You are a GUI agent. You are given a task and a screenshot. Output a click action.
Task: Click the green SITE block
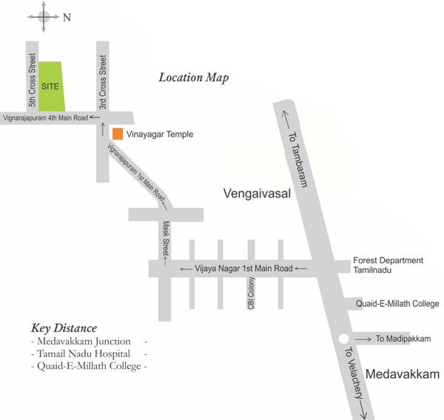click(x=51, y=87)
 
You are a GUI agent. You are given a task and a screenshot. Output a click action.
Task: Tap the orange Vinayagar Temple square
click(x=117, y=134)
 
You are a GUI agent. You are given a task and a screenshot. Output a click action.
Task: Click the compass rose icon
click(x=44, y=17)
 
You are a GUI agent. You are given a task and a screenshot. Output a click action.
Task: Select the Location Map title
click(x=194, y=77)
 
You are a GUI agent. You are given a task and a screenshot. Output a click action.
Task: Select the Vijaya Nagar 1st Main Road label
click(x=244, y=268)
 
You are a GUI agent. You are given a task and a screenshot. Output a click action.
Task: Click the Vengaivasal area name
click(x=255, y=194)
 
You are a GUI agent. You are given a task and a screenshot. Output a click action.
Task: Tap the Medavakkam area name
click(x=403, y=373)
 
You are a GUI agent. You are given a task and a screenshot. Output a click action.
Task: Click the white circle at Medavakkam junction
click(x=343, y=339)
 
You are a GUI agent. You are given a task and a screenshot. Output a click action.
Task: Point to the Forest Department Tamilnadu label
click(x=388, y=265)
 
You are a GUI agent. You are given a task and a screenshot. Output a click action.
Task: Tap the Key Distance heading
click(x=64, y=328)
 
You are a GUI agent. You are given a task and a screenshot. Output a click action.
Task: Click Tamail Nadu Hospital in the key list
click(x=85, y=353)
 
